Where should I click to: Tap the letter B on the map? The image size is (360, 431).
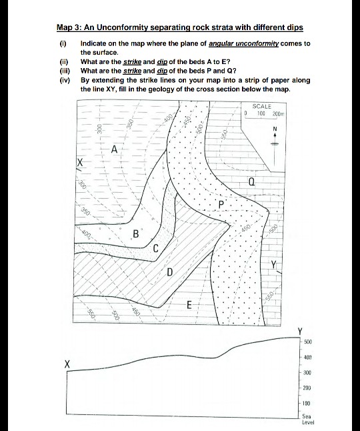pyautogui.click(x=136, y=234)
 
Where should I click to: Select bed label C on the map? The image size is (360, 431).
pyautogui.click(x=155, y=248)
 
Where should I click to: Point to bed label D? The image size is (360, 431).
pyautogui.click(x=169, y=272)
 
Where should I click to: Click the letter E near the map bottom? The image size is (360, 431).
pyautogui.click(x=189, y=306)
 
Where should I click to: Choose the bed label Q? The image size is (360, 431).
pyautogui.click(x=251, y=181)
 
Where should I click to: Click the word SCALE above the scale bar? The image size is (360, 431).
pyautogui.click(x=262, y=106)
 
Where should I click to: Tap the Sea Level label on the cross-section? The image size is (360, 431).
pyautogui.click(x=308, y=419)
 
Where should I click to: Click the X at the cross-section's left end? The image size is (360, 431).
pyautogui.click(x=67, y=364)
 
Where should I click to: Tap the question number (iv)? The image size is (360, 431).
pyautogui.click(x=64, y=80)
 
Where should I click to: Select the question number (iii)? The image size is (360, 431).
pyautogui.click(x=64, y=71)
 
